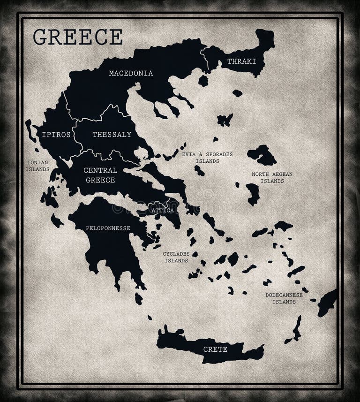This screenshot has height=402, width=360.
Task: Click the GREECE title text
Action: [78, 37]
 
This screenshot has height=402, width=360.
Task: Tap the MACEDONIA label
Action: [131, 73]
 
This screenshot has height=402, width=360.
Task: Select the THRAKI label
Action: [241, 61]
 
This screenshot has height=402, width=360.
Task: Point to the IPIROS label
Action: [56, 135]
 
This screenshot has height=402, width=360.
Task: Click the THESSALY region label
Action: [112, 135]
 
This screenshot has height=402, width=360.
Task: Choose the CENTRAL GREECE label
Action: [100, 174]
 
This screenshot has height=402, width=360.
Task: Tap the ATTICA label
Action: [163, 210]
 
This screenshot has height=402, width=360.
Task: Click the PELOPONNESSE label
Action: [108, 228]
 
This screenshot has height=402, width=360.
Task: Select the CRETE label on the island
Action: [215, 349]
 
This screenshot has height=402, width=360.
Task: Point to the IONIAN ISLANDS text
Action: [37, 166]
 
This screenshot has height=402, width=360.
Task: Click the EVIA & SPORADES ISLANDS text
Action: [207, 157]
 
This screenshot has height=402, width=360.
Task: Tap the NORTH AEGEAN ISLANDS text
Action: [272, 177]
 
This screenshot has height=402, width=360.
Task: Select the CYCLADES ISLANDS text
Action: [176, 257]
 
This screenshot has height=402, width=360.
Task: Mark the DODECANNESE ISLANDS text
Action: [284, 298]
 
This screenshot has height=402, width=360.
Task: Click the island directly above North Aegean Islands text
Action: [262, 154]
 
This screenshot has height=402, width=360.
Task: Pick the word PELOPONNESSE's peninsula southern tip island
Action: [138, 298]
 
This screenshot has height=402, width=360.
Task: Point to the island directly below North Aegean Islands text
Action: [253, 193]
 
